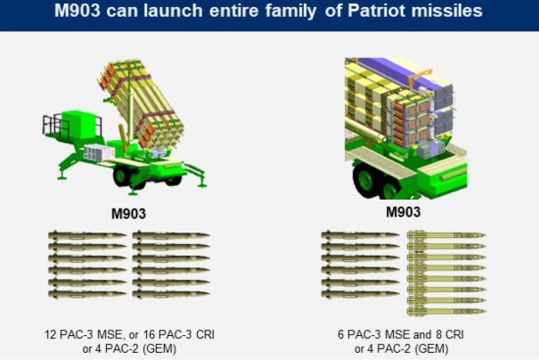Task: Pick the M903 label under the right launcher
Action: click(403, 212)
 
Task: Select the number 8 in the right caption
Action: click(430, 333)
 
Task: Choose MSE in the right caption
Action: click(390, 333)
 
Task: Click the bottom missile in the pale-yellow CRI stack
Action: click(446, 311)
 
